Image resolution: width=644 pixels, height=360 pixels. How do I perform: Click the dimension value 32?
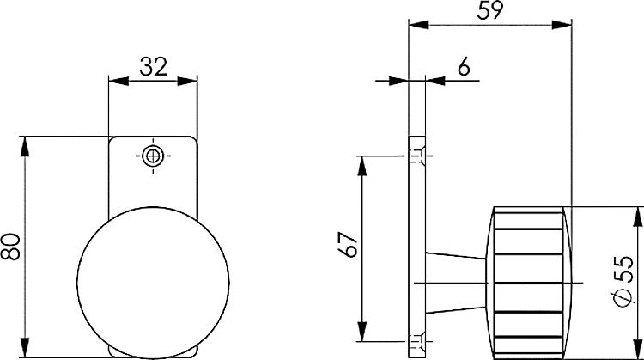pos(153,66)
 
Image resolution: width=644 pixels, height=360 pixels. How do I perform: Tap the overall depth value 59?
pos(490,10)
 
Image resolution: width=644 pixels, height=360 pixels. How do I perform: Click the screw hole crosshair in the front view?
pos(154,156)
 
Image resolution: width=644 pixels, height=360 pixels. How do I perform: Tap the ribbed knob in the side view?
pos(529,283)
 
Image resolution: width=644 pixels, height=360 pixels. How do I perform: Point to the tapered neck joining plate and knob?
pos(456,283)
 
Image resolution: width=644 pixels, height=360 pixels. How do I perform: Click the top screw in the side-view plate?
pos(416,156)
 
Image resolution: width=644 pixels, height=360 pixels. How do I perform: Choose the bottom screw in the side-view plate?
pos(416,341)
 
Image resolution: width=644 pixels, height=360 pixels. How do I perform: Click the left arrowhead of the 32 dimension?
pos(115,82)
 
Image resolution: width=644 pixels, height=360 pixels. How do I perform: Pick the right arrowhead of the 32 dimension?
pos(191,82)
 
